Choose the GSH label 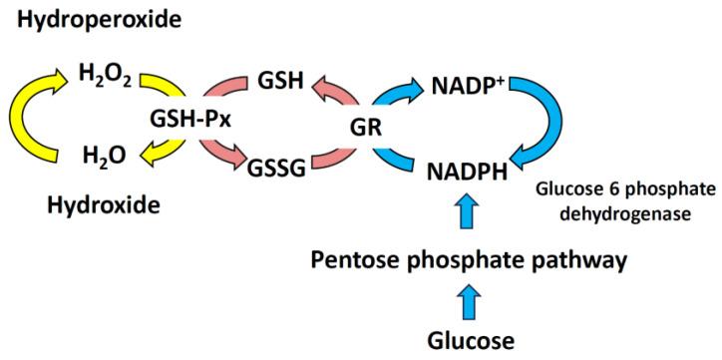pyautogui.click(x=280, y=78)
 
